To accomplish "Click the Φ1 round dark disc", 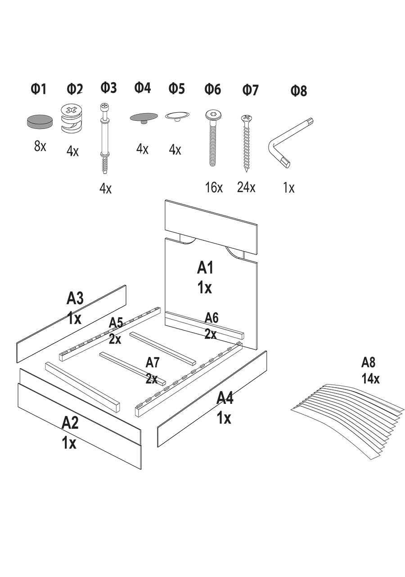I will coord(40,121).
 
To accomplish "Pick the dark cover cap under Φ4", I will coord(144,118).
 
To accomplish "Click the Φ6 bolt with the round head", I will coord(212,138).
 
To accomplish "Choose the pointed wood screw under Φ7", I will coord(247,143).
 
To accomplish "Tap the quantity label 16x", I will coord(214,188).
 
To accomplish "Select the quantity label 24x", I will coord(246,187).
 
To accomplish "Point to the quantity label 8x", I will coord(40,146).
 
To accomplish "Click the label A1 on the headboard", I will coord(205,268).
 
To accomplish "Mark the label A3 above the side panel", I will coord(75,298).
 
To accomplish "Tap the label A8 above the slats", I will coord(369,362).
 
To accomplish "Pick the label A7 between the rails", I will coord(153,362).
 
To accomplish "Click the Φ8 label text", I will coord(298,91).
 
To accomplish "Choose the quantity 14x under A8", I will coord(370,379).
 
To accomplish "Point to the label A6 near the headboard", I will coord(211,317).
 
